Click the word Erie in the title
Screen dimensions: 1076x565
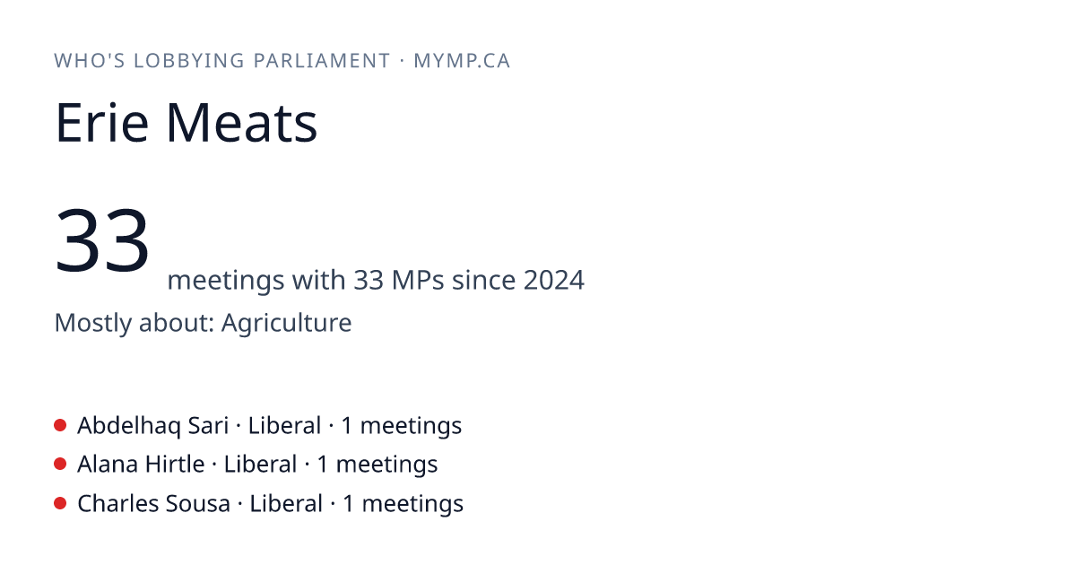point(102,123)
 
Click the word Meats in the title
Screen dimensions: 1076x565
point(241,123)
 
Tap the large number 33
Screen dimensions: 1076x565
point(102,239)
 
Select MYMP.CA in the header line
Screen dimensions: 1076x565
point(462,61)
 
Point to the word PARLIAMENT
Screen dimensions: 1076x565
point(322,61)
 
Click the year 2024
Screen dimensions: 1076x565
point(553,280)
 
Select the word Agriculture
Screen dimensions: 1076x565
point(286,322)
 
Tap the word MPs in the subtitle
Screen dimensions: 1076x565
point(418,280)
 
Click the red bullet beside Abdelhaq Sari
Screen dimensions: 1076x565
point(60,425)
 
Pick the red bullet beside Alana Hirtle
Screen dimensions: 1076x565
point(60,464)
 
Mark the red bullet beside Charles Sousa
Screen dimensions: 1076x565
point(60,503)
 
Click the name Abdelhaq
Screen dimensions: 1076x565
point(129,426)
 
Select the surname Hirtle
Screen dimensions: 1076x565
point(175,465)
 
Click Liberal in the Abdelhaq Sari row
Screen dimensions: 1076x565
point(284,426)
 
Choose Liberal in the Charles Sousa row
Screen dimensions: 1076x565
point(286,503)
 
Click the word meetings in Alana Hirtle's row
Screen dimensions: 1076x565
point(386,465)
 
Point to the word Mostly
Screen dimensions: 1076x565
point(92,323)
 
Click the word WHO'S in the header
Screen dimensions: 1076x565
point(90,61)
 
